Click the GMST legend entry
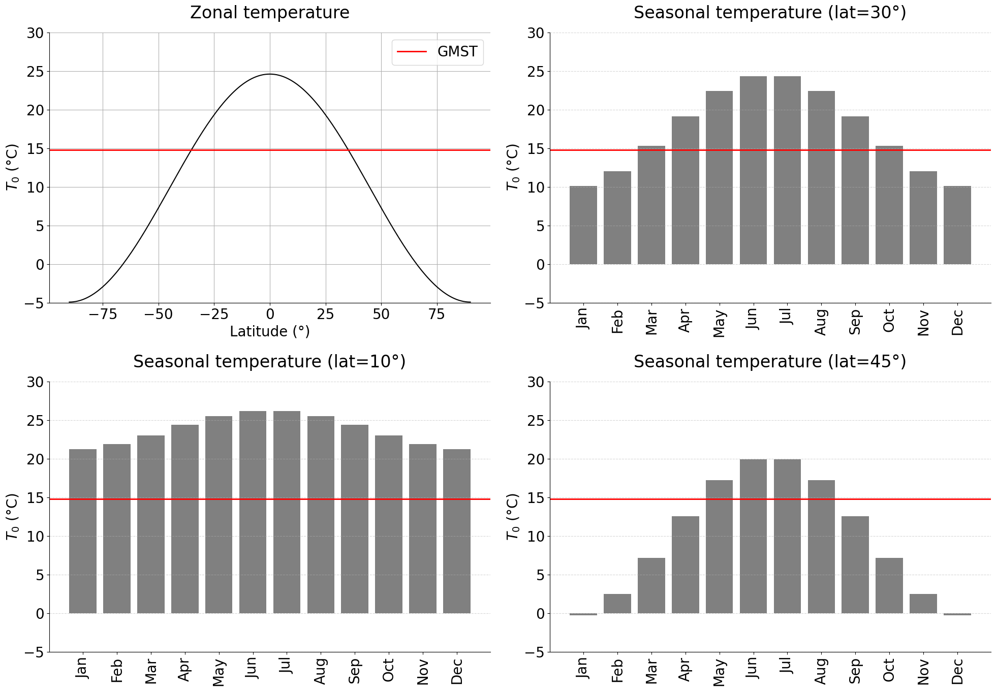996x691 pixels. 437,52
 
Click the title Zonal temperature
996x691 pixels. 269,13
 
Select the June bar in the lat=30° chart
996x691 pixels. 753,170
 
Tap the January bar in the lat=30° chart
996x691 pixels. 583,225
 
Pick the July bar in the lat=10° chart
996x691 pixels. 287,512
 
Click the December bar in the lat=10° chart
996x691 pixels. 456,531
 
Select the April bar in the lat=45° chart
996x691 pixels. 685,564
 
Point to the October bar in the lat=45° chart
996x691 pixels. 889,585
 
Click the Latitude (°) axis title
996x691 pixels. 269,332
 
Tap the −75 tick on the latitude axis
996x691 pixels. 103,315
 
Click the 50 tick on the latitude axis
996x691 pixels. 381,315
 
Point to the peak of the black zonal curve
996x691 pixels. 270,74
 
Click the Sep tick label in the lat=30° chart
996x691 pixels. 855,321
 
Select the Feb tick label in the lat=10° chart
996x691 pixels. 117,670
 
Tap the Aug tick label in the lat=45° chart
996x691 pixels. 821,670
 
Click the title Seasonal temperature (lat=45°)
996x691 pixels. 770,362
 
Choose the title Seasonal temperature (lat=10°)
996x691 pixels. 269,362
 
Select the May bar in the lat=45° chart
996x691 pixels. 719,547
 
